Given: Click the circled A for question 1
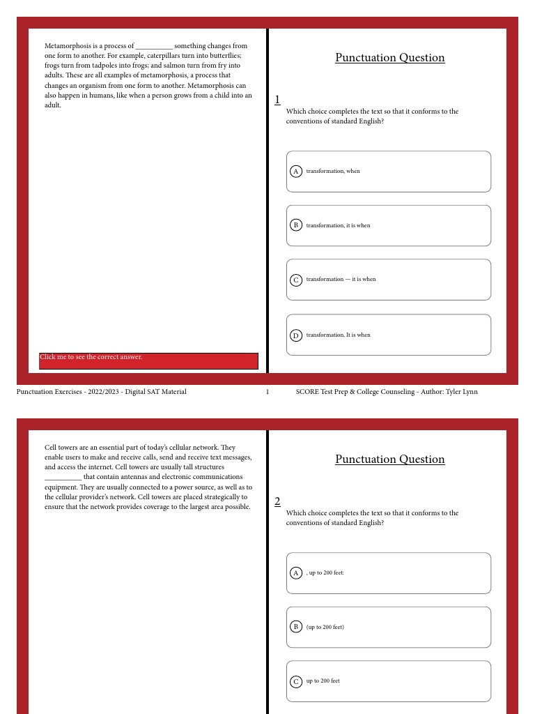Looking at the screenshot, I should (295, 171).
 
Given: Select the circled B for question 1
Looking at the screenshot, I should (295, 225).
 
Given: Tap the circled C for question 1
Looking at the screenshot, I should (295, 280).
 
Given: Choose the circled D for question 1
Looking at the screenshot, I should (295, 335).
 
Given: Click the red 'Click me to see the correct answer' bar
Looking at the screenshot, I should (148, 360).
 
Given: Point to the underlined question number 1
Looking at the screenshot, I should (277, 100).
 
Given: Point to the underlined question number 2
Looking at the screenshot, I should (277, 501).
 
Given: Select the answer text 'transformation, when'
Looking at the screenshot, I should (333, 171).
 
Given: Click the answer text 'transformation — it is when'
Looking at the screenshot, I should (341, 280).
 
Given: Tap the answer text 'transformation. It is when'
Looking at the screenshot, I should (338, 335).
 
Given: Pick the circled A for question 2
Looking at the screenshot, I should (295, 572).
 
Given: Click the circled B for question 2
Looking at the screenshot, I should (295, 626).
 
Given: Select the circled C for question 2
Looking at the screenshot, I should (295, 681).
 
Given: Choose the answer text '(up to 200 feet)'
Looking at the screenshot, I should (325, 627).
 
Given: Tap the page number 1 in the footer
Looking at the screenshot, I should (267, 392).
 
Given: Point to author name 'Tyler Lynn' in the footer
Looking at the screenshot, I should (462, 392).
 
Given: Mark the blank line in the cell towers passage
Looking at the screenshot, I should (63, 478).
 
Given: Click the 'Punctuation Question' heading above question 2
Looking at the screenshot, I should (389, 459).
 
